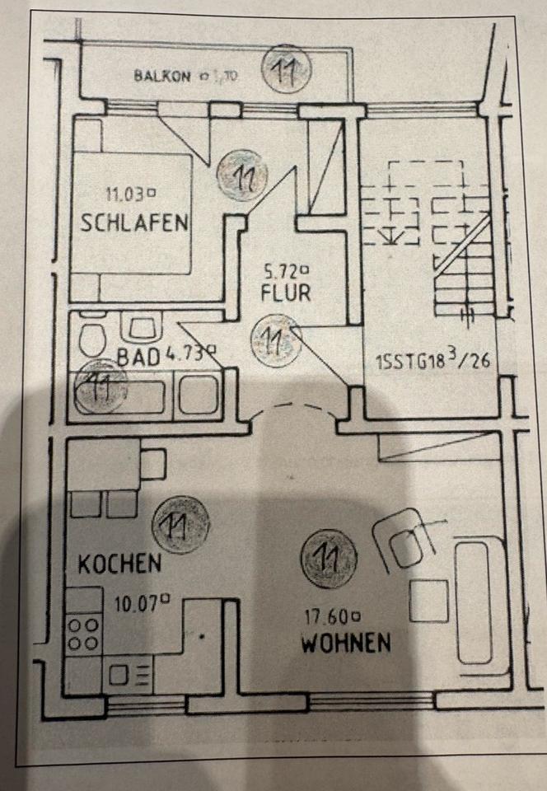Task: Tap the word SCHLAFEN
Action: pos(136,222)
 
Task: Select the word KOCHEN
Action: pos(119,564)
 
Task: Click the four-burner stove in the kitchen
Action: pos(83,634)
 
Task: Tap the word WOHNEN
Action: pos(345,643)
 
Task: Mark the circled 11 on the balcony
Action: pos(286,73)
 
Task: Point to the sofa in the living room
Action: pos(479,601)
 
